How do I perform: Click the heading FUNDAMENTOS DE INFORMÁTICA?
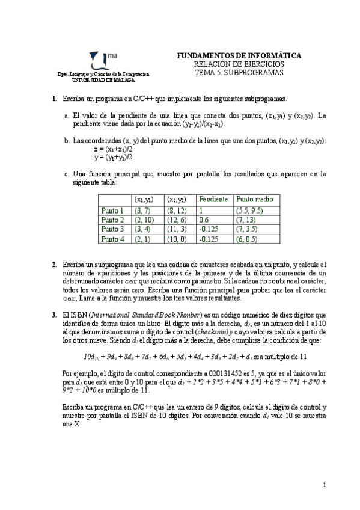click(239, 55)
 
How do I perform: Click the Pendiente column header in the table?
click(213, 199)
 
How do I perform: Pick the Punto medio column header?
click(255, 199)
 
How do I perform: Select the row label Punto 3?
click(113, 229)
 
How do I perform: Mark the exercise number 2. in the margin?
click(54, 264)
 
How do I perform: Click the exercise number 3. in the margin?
click(54, 315)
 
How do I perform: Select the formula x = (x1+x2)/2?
click(114, 149)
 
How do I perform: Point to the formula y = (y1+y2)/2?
click(114, 157)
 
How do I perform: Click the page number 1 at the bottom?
click(324, 485)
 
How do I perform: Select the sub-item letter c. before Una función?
click(66, 174)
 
